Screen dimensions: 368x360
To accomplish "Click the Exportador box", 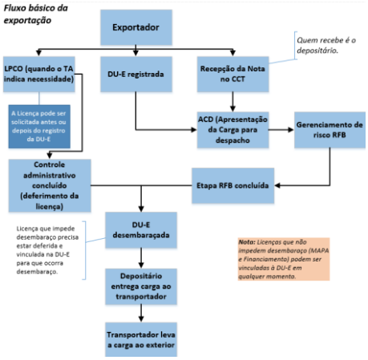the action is pyautogui.click(x=136, y=27).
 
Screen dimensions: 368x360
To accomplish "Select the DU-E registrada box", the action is pyautogui.click(x=136, y=74).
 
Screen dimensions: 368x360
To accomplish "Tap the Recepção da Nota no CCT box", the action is pyautogui.click(x=233, y=74).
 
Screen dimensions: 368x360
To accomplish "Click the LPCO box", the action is pyautogui.click(x=39, y=74).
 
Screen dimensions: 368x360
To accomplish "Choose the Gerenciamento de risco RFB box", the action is pyautogui.click(x=330, y=130).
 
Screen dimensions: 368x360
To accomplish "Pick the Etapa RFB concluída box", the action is pyautogui.click(x=233, y=185).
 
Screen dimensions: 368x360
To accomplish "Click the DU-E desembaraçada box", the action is pyautogui.click(x=141, y=230).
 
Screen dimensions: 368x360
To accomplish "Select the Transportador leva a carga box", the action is pyautogui.click(x=141, y=339).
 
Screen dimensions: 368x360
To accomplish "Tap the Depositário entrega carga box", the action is pyautogui.click(x=141, y=286).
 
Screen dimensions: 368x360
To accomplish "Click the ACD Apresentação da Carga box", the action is pyautogui.click(x=233, y=130).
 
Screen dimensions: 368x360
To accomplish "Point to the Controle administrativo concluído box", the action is pyautogui.click(x=50, y=186).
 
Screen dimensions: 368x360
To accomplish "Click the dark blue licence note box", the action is pyautogui.click(x=39, y=127).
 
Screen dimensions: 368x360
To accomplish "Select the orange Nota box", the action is pyautogui.click(x=284, y=259).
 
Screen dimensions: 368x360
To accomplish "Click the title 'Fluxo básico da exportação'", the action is pyautogui.click(x=35, y=14).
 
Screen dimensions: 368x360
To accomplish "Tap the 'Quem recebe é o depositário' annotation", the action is pyautogui.click(x=326, y=45).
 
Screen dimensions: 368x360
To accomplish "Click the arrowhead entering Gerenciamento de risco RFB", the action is pyautogui.click(x=291, y=130).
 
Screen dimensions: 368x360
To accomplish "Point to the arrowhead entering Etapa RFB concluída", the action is pyautogui.click(x=277, y=185).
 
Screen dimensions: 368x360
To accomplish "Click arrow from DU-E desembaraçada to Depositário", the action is pyautogui.click(x=141, y=258).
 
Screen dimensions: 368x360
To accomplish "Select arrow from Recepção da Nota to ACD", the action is pyautogui.click(x=233, y=102).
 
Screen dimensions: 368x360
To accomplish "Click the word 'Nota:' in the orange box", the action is pyautogui.click(x=247, y=242).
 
